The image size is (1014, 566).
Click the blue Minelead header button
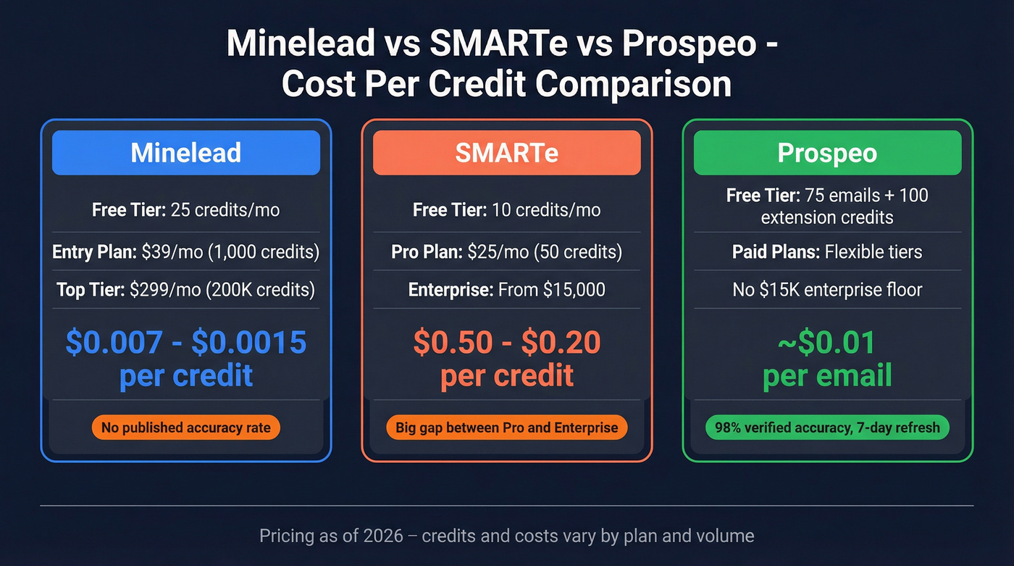[x=186, y=153]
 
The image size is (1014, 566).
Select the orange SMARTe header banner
[x=507, y=153]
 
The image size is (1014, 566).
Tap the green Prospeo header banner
[x=827, y=153]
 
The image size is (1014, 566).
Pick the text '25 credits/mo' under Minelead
[x=225, y=210]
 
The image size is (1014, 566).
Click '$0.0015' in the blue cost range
[x=248, y=342]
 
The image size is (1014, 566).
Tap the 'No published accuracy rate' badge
[x=186, y=428]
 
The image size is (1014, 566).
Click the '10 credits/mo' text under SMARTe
[x=545, y=210]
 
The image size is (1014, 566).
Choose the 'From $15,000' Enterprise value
[x=552, y=290]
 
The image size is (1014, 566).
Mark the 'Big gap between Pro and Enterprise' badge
[x=507, y=428]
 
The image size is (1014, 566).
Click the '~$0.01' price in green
[x=827, y=342]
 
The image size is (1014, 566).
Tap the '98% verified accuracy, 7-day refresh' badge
[x=827, y=428]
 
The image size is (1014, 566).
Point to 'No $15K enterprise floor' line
[x=827, y=290]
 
